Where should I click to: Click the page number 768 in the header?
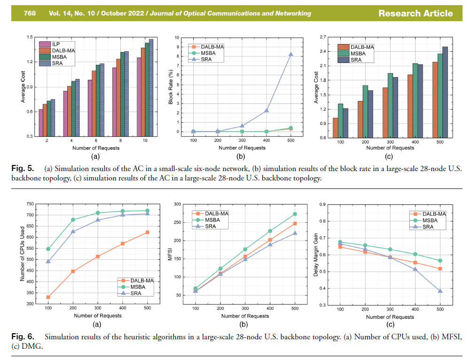31,13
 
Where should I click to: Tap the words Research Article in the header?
416,13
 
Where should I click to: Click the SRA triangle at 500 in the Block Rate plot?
291,55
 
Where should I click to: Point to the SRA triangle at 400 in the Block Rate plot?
267,110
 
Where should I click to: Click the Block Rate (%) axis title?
171,86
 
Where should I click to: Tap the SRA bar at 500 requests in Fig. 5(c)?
445,92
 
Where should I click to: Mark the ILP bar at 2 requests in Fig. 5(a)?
41,123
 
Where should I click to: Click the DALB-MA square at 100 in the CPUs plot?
48,297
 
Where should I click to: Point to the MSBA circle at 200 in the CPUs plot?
73,219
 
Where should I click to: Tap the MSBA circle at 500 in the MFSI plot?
295,214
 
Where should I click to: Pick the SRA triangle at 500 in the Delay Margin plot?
440,291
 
